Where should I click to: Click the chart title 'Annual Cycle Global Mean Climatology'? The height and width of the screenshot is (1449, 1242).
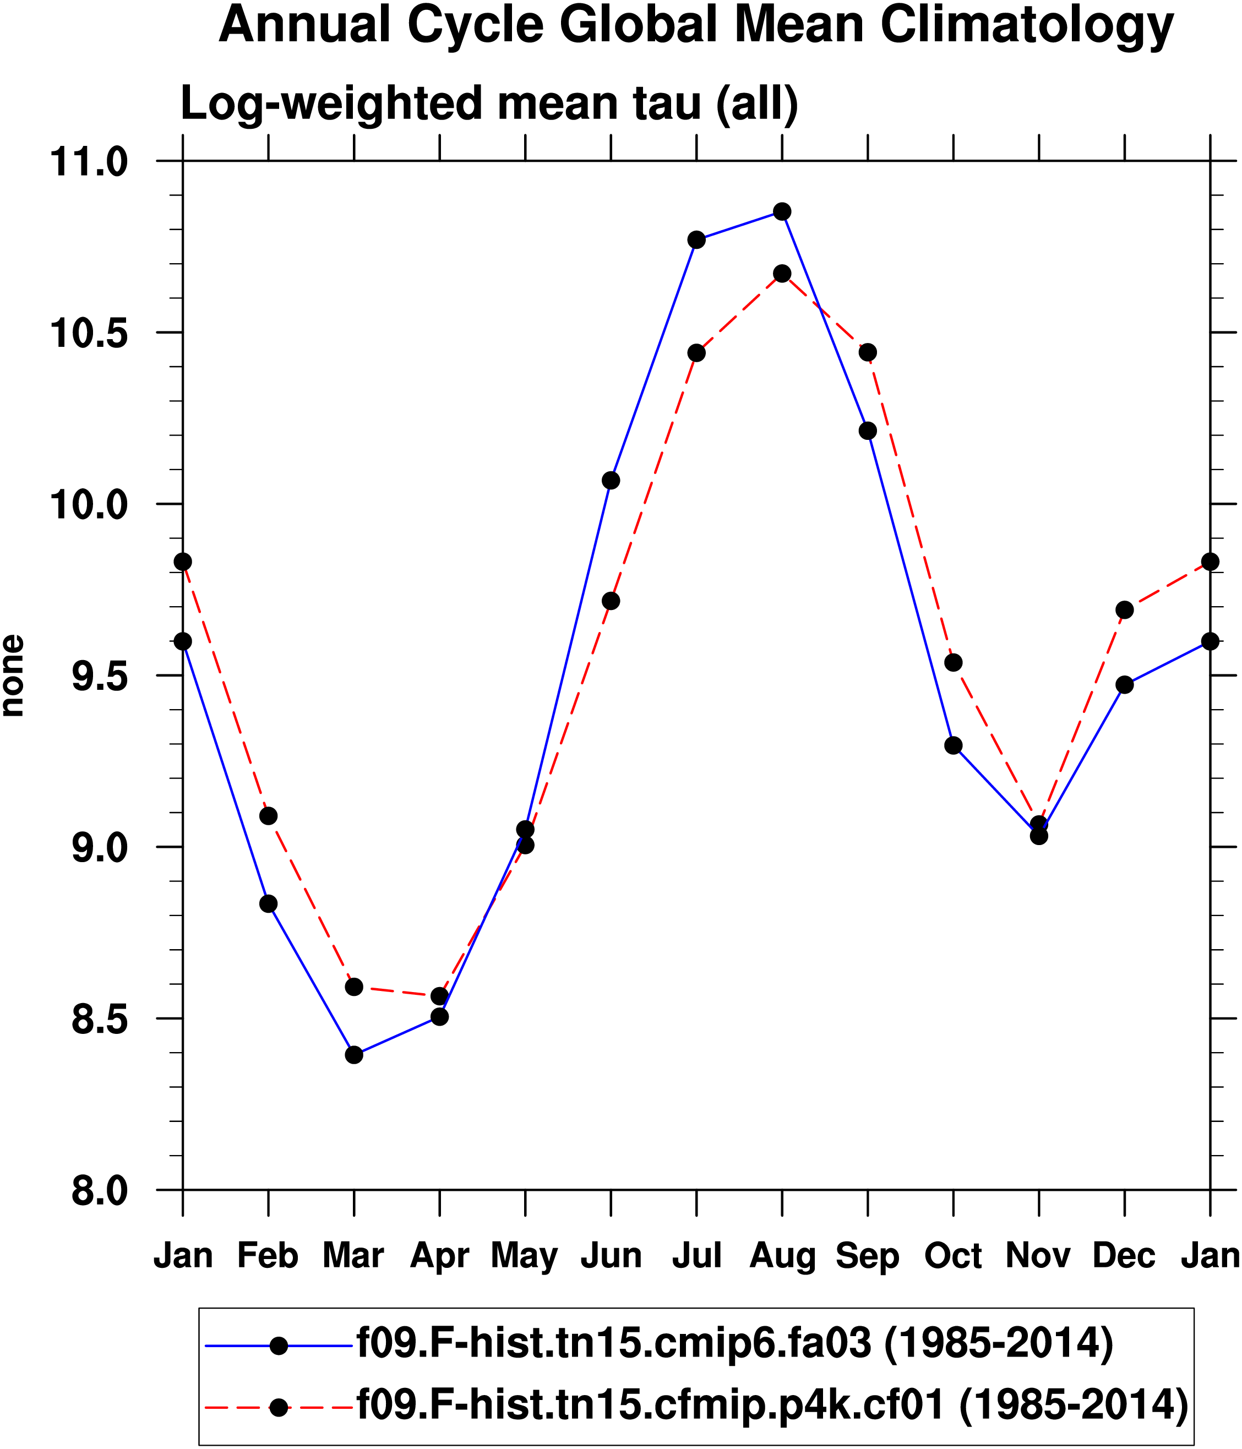pyautogui.click(x=696, y=25)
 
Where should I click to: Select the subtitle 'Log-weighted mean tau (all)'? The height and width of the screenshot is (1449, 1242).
pyautogui.click(x=489, y=103)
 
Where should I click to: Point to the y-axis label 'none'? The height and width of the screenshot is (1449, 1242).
pyautogui.click(x=13, y=676)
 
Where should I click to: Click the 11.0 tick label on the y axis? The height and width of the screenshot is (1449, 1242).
pyautogui.click(x=88, y=162)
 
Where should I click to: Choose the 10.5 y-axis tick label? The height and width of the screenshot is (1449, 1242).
pyautogui.click(x=88, y=334)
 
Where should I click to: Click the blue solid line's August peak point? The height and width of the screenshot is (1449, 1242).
pyautogui.click(x=782, y=211)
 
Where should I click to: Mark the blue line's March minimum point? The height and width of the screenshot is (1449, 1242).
pyautogui.click(x=354, y=1055)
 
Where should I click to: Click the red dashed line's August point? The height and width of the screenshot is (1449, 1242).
pyautogui.click(x=782, y=274)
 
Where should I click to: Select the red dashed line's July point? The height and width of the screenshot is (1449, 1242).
pyautogui.click(x=696, y=352)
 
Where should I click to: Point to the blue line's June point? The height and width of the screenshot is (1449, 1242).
pyautogui.click(x=611, y=481)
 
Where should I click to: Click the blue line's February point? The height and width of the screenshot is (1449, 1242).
pyautogui.click(x=269, y=904)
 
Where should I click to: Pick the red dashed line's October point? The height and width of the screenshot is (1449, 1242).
pyautogui.click(x=953, y=662)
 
